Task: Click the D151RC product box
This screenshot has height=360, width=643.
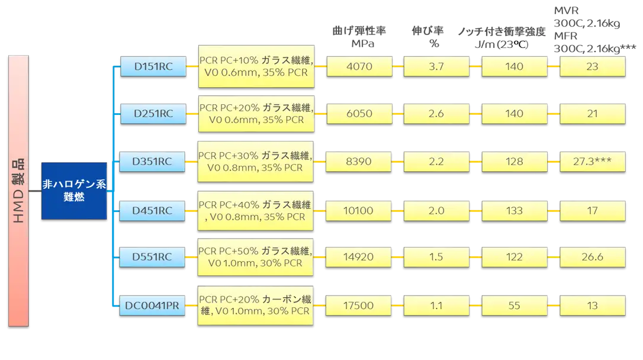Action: (153, 66)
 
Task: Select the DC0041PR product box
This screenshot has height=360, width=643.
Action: (152, 306)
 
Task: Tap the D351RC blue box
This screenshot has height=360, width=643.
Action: (152, 162)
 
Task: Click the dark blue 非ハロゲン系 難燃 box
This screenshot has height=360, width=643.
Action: (74, 191)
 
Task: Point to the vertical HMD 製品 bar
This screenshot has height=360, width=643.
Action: (18, 191)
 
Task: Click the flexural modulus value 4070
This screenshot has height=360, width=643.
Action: (359, 66)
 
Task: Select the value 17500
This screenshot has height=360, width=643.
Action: (358, 306)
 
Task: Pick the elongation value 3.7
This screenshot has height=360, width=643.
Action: (436, 66)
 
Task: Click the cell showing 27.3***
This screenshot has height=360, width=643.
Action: (593, 162)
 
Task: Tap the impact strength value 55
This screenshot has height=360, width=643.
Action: (515, 306)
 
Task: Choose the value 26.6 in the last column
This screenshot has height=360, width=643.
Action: (593, 257)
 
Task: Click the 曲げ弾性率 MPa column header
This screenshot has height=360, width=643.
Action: (359, 37)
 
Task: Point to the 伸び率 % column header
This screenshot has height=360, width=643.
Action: (427, 37)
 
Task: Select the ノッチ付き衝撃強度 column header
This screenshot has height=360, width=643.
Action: (501, 31)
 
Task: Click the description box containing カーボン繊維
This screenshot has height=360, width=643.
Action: (255, 306)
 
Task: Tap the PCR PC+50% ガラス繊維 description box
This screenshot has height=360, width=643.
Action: (255, 257)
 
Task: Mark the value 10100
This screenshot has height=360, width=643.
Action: (358, 211)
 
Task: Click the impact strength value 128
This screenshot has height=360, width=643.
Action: (515, 162)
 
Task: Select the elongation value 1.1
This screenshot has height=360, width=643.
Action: (436, 306)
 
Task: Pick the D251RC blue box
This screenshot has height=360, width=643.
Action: (153, 114)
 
